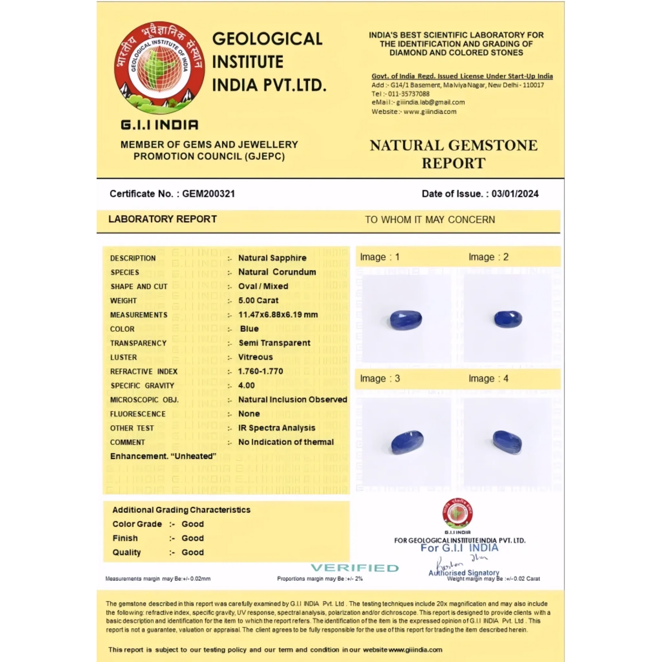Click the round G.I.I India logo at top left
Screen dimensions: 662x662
click(159, 68)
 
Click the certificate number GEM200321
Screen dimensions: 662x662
click(208, 194)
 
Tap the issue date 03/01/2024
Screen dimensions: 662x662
click(515, 194)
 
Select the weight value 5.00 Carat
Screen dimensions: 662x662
click(258, 300)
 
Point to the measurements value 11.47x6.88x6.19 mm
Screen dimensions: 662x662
click(278, 314)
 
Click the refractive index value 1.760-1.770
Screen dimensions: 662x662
click(260, 371)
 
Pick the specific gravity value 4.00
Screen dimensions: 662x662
click(246, 385)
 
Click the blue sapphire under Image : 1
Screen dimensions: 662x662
click(406, 319)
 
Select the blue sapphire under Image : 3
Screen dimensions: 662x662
click(407, 442)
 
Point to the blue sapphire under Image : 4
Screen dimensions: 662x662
click(507, 442)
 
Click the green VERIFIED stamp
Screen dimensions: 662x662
click(355, 568)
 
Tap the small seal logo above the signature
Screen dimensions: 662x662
click(458, 513)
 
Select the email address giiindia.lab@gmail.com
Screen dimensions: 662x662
click(430, 102)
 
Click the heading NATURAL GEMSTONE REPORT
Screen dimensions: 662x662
click(453, 154)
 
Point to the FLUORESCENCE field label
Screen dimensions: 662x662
click(138, 414)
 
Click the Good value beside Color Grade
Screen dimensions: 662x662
click(192, 524)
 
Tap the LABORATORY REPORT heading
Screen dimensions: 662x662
click(162, 219)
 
